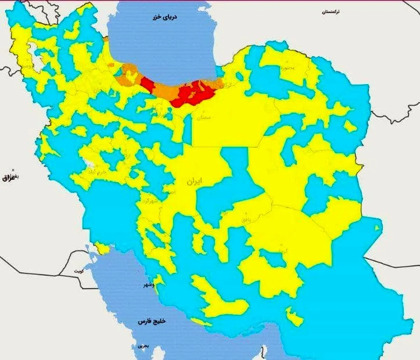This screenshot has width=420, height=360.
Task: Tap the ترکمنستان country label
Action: pyautogui.click(x=331, y=12)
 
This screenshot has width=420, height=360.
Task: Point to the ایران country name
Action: pyautogui.click(x=194, y=182)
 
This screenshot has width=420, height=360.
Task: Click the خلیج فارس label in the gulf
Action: pyautogui.click(x=152, y=321)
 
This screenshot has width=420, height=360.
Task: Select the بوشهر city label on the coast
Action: pyautogui.click(x=146, y=285)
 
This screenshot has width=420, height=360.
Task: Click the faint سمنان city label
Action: pyautogui.click(x=204, y=118)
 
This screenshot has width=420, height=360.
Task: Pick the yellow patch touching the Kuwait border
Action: pyautogui.click(x=102, y=249)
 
